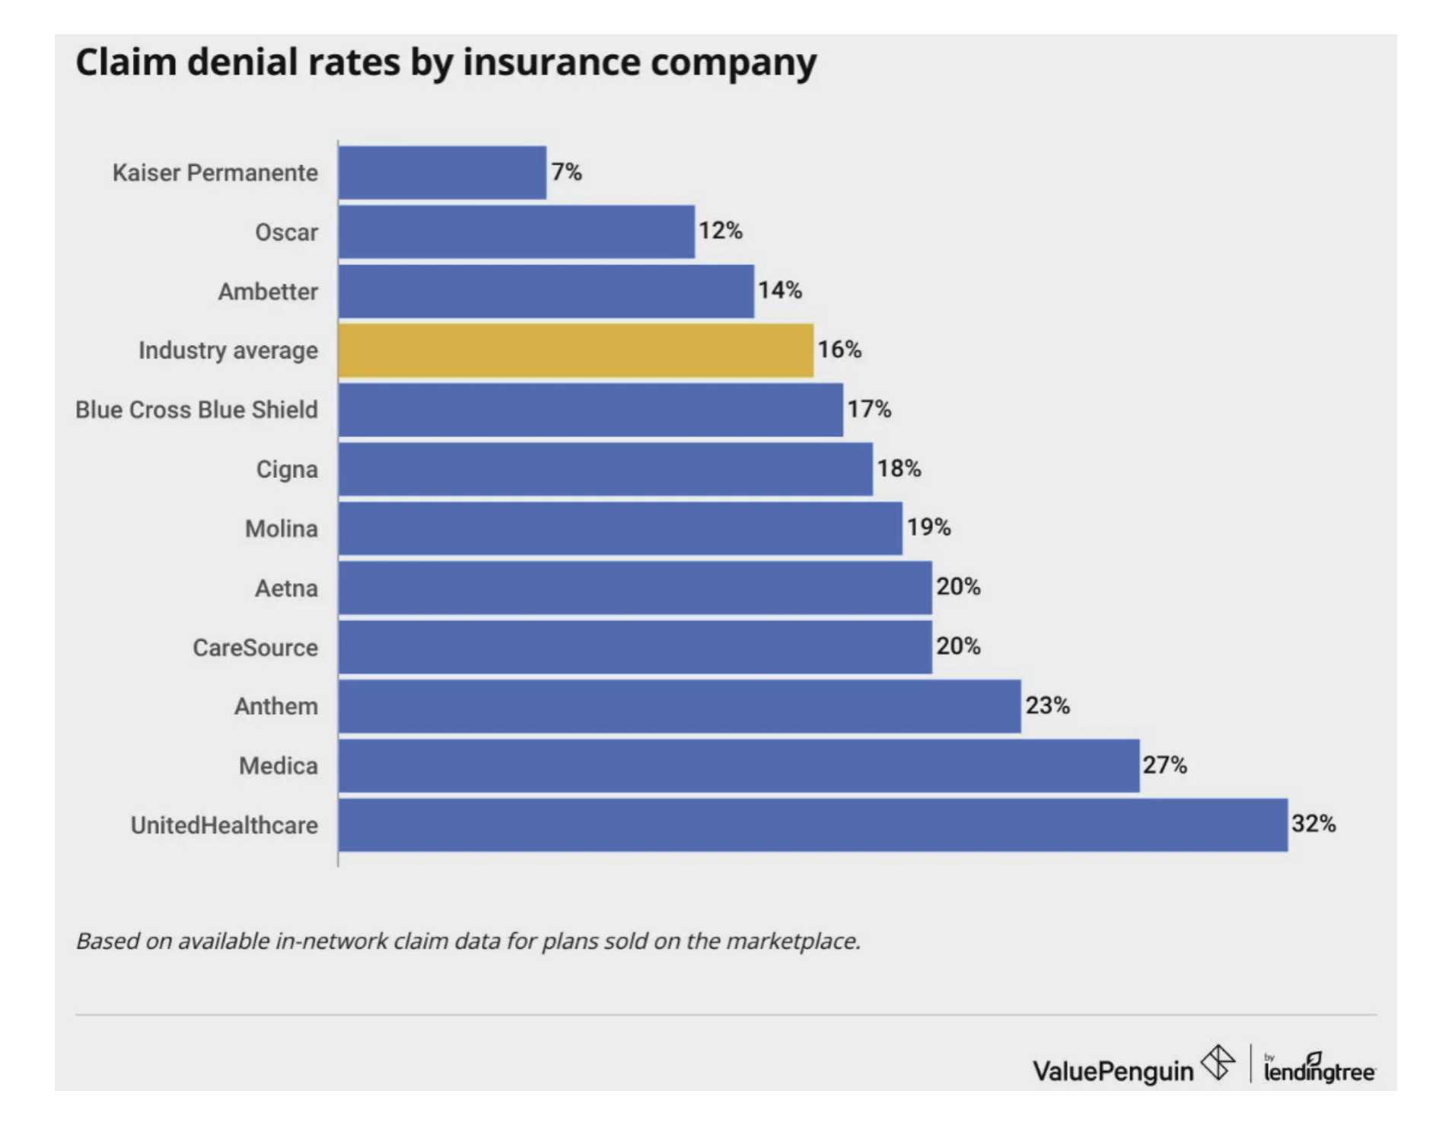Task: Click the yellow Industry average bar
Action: [575, 350]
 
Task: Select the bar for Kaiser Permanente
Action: [442, 173]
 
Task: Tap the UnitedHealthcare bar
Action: [813, 825]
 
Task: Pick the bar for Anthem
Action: [680, 706]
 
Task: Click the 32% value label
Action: [1313, 824]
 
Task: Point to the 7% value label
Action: [566, 172]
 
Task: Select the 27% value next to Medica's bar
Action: [1164, 765]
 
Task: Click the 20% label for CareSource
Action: [958, 646]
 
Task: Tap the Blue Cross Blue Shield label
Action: [196, 410]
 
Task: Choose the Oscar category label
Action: [286, 232]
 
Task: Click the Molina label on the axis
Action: [281, 528]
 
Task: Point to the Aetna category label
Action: [286, 588]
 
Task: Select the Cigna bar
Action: [605, 469]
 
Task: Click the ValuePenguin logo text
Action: [1113, 1071]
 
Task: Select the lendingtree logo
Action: [1319, 1069]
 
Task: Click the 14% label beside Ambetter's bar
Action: [779, 290]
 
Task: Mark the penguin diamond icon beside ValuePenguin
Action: [1218, 1062]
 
